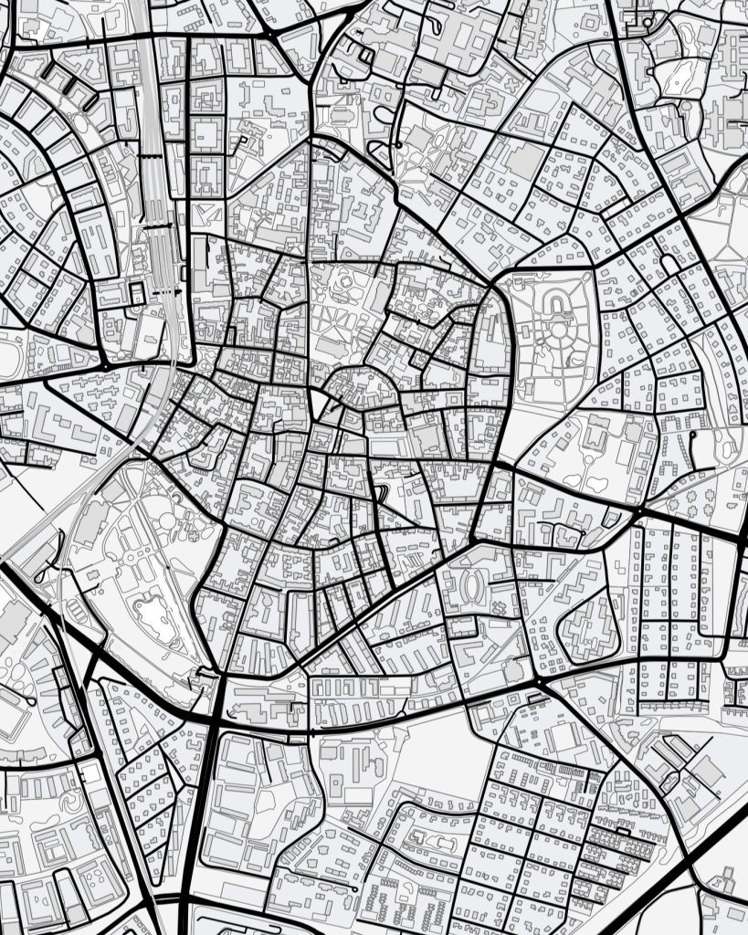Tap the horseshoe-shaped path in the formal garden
point(554,300)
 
